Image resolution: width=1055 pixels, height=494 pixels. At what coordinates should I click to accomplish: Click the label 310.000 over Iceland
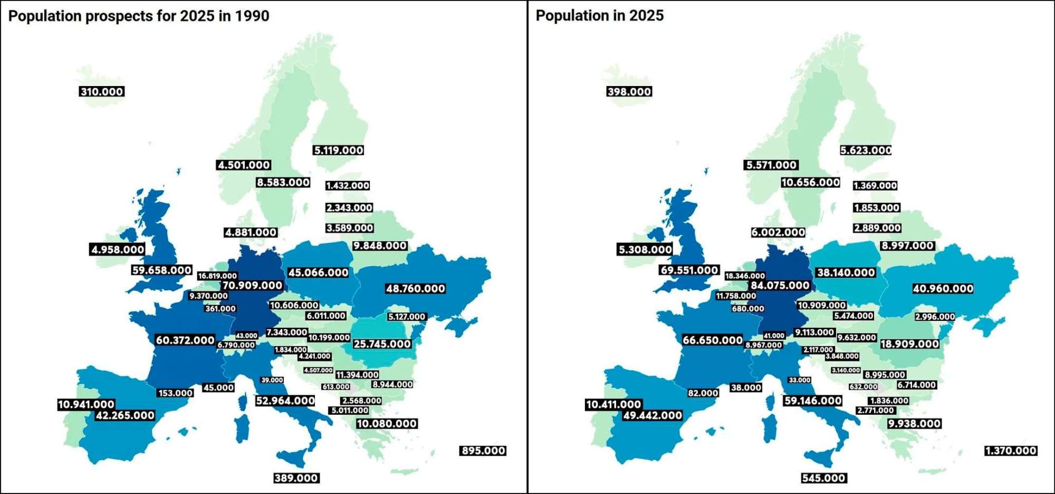click(x=102, y=92)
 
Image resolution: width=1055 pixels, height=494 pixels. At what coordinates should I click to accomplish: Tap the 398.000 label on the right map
click(x=629, y=92)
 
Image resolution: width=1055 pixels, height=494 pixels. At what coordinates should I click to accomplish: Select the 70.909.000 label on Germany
click(x=252, y=286)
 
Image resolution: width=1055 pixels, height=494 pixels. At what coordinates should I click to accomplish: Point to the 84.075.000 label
click(x=780, y=286)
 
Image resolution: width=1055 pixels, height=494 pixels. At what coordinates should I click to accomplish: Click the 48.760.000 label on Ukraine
click(x=415, y=289)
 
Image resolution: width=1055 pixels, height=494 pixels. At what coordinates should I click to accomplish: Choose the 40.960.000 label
click(x=943, y=289)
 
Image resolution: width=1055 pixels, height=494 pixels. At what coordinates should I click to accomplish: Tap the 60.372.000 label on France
click(x=185, y=340)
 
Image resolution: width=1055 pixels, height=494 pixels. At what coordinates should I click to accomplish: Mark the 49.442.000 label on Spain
click(x=653, y=415)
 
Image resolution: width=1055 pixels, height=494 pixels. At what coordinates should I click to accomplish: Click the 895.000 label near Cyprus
click(x=483, y=451)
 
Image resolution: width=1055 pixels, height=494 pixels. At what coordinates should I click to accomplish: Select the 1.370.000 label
click(x=1011, y=451)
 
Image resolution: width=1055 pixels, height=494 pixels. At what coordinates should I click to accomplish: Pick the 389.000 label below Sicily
click(x=296, y=478)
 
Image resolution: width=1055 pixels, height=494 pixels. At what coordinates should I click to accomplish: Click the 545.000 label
click(x=823, y=478)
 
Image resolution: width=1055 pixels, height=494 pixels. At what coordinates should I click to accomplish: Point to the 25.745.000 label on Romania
click(x=382, y=344)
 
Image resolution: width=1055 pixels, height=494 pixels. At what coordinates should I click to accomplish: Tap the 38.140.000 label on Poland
click(x=846, y=273)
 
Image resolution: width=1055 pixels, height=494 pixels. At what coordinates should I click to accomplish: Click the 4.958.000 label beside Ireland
click(x=118, y=250)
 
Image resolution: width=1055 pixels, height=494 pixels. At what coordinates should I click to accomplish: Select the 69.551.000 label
click(x=689, y=270)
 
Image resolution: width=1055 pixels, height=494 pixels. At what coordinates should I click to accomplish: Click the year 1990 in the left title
click(x=252, y=16)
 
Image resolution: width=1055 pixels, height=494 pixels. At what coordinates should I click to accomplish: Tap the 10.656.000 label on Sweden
click(x=810, y=183)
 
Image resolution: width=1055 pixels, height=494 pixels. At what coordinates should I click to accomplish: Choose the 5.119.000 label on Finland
click(x=339, y=150)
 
